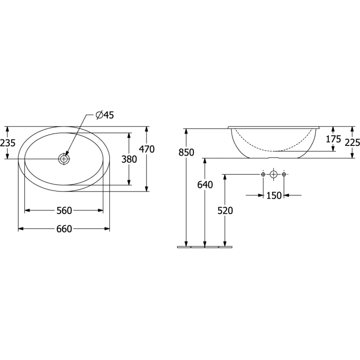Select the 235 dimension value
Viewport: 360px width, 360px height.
click(8, 143)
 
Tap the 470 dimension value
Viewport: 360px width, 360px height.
click(146, 149)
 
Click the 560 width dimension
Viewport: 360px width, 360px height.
click(64, 211)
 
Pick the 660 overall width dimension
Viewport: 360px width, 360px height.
click(64, 229)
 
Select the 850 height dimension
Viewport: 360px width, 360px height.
click(186, 152)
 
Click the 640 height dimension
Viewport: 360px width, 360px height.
click(205, 185)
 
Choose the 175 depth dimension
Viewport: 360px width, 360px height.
click(333, 139)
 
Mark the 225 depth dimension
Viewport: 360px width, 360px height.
click(352, 143)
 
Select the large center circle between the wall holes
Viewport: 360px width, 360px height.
click(273, 174)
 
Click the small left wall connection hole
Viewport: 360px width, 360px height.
click(263, 174)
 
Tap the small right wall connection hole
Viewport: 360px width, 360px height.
click(284, 174)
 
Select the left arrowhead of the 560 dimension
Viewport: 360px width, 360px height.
click(27, 211)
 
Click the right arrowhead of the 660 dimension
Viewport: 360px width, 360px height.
click(107, 229)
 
